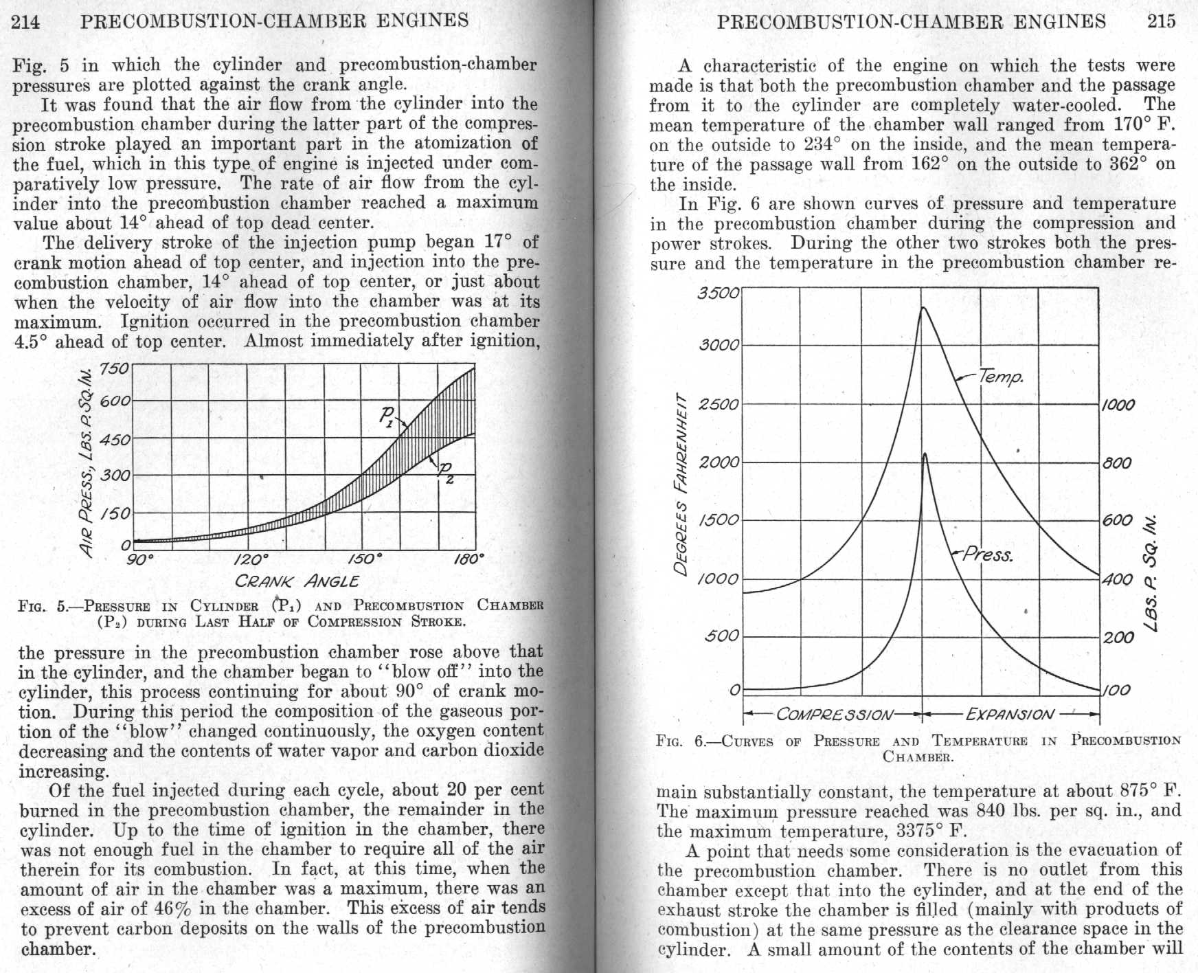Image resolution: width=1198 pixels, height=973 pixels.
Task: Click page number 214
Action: [x=26, y=21]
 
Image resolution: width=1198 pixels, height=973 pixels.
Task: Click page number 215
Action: [x=1161, y=21]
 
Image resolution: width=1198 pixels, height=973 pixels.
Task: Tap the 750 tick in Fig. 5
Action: [x=114, y=368]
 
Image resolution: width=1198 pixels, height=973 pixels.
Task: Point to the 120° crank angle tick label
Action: [x=251, y=559]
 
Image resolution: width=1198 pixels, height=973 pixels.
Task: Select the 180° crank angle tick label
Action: [x=469, y=559]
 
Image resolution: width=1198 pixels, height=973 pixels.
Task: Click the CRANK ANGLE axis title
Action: [x=297, y=581]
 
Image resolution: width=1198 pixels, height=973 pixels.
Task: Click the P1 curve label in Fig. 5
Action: [x=389, y=416]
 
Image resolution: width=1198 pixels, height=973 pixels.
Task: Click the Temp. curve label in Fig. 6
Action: [x=1001, y=377]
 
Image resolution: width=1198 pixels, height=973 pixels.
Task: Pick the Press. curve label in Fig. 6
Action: [x=988, y=555]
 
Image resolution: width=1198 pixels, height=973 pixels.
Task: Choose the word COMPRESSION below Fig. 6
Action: [x=835, y=715]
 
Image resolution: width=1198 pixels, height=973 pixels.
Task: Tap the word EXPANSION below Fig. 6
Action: [x=1009, y=715]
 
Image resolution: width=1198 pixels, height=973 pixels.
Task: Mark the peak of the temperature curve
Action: [x=923, y=308]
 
